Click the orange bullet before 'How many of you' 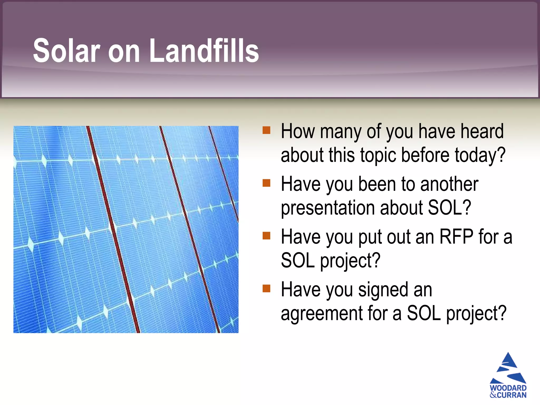(266, 130)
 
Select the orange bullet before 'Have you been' (266, 183)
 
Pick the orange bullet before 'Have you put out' (266, 236)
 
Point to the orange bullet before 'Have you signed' (266, 288)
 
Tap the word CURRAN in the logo (512, 395)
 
